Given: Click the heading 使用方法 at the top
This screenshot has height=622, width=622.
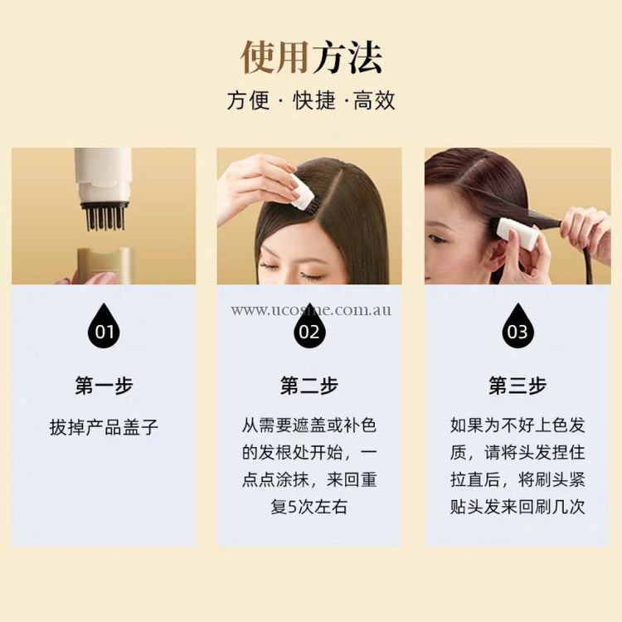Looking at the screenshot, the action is tap(311, 57).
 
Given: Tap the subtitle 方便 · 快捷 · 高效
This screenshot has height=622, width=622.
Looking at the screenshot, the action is tap(311, 100).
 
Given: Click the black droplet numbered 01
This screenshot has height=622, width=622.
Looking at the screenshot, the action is tap(104, 326).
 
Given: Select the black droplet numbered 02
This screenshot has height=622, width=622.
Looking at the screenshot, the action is tap(309, 326).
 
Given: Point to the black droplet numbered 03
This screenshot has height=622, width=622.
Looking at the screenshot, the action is tap(518, 326).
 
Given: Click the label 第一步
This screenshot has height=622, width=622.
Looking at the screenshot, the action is tap(104, 386).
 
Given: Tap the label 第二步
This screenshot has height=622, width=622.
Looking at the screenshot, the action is tap(309, 386).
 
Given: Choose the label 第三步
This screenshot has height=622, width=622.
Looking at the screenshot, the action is tap(518, 386).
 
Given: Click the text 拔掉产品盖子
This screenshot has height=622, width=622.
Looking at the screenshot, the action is tap(104, 427).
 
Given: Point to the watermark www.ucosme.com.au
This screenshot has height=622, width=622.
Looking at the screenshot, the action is tap(311, 310).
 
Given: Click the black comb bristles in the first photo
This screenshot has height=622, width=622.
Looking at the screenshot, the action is tap(105, 217).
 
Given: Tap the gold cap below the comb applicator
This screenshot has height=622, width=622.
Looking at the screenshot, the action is tap(106, 265).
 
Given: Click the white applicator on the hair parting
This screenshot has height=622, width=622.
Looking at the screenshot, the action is tap(304, 193).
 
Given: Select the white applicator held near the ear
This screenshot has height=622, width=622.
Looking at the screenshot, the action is tap(518, 234).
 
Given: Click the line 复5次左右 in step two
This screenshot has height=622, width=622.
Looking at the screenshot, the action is tap(309, 507).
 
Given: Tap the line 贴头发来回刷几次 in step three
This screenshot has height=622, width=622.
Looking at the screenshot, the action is tap(518, 507).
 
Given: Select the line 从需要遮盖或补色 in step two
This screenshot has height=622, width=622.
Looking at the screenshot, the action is tap(309, 425).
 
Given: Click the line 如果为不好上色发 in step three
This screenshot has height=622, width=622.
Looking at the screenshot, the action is tap(518, 425).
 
